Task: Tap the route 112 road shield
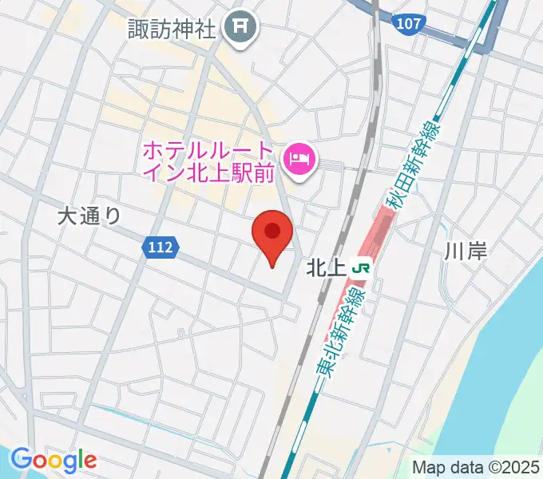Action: click(161, 248)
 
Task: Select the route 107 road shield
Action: click(408, 24)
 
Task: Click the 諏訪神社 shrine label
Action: click(172, 29)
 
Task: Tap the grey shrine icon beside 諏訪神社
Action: click(239, 30)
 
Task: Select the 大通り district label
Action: click(90, 215)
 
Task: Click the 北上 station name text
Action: click(325, 269)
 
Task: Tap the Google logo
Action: click(54, 459)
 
